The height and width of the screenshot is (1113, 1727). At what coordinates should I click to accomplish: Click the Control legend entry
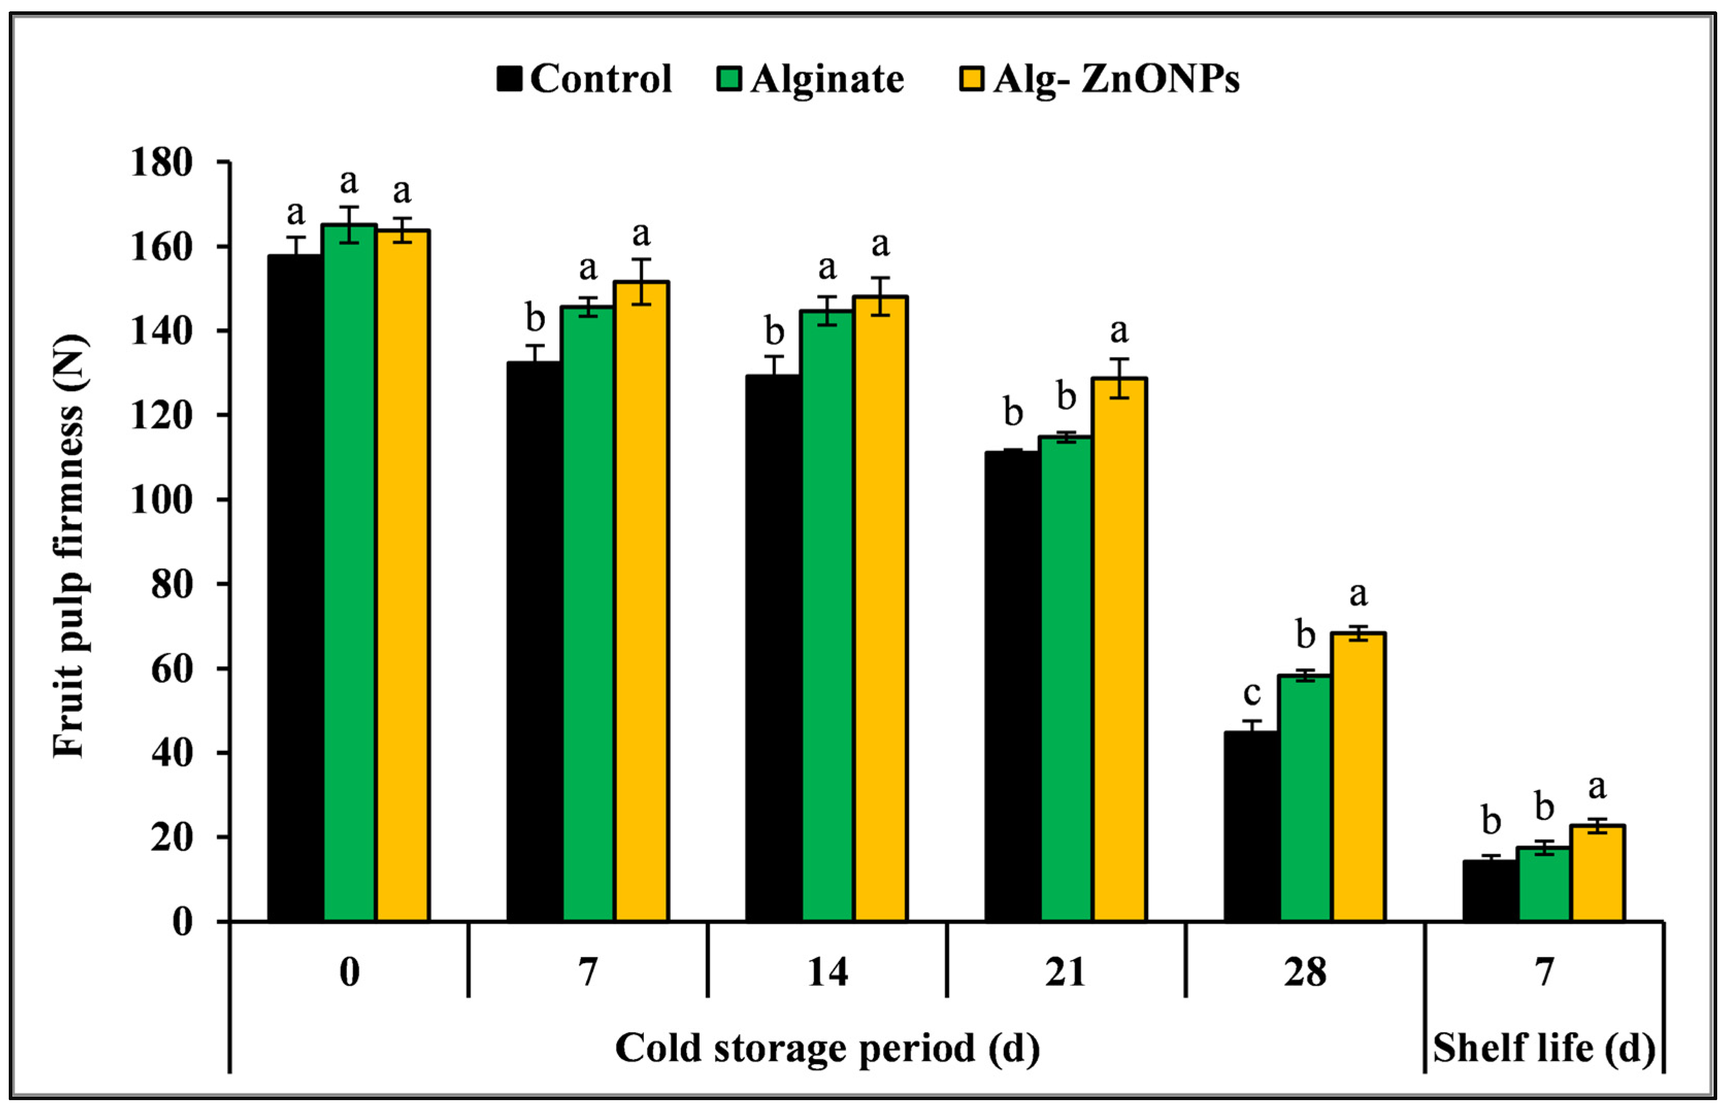click(585, 79)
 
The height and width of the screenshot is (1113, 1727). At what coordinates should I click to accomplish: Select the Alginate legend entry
click(810, 79)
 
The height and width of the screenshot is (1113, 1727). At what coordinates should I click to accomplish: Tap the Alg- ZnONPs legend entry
click(1099, 79)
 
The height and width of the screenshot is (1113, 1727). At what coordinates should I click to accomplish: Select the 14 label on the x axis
click(827, 972)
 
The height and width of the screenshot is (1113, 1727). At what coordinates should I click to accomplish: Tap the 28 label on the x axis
click(1305, 972)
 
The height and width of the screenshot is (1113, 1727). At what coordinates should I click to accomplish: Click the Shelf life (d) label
click(1544, 1048)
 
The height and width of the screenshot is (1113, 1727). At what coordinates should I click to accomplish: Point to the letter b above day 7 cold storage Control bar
click(535, 317)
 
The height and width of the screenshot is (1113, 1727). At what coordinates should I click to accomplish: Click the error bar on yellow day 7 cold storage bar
click(641, 282)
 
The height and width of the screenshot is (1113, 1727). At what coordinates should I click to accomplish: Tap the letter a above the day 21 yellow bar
click(1119, 331)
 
